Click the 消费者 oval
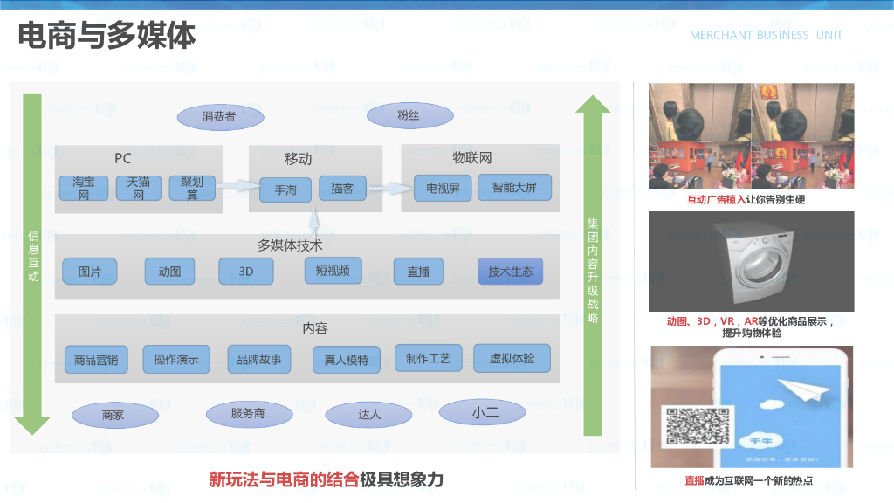pyautogui.click(x=219, y=116)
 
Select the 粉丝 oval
pyautogui.click(x=409, y=115)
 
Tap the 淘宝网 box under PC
pyautogui.click(x=84, y=188)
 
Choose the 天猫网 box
pyautogui.click(x=139, y=188)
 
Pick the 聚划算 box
pyautogui.click(x=192, y=188)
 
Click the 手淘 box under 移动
pyautogui.click(x=285, y=189)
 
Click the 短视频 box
pyautogui.click(x=333, y=271)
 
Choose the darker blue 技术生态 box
pyautogui.click(x=510, y=272)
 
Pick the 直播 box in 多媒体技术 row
pyautogui.click(x=418, y=272)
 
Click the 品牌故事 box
pyautogui.click(x=259, y=359)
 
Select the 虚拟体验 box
pyautogui.click(x=512, y=357)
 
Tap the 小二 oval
pyautogui.click(x=485, y=412)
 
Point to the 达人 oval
pyautogui.click(x=369, y=414)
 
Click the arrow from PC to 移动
pyautogui.click(x=237, y=186)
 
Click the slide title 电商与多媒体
pyautogui.click(x=107, y=37)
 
